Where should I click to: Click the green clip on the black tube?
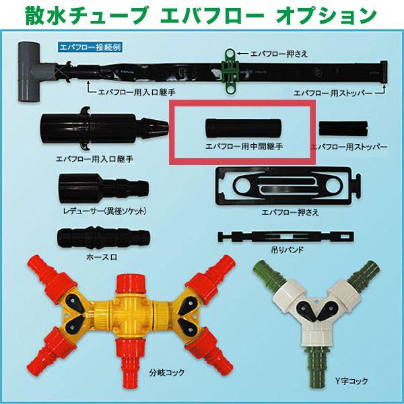[231, 67]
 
